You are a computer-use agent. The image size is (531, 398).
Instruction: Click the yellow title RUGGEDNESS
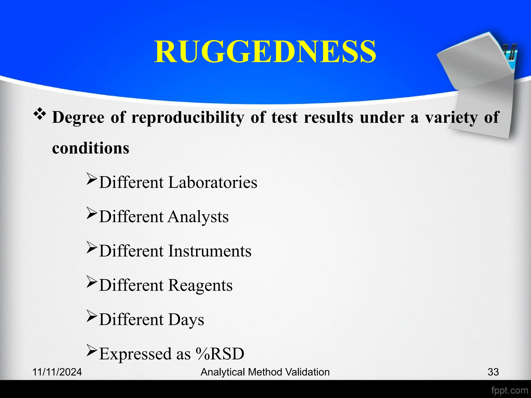pos(265,52)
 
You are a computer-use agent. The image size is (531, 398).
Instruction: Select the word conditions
pos(90,148)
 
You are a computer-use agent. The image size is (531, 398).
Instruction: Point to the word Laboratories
pos(213,182)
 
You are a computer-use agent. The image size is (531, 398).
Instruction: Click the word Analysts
pos(198,217)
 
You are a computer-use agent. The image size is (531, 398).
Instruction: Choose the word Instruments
pos(210,251)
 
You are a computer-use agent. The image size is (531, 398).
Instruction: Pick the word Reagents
pos(200,285)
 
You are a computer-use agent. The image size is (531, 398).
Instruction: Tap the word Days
pos(186,319)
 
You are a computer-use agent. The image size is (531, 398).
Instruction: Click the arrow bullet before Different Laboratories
pos(92,179)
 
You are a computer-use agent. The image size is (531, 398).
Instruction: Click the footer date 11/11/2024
pos(57,372)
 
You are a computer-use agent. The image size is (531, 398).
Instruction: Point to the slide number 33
pos(493,372)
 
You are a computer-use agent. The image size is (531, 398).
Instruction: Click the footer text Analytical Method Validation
pos(265,372)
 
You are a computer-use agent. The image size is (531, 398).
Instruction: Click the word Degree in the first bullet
pos(78,117)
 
